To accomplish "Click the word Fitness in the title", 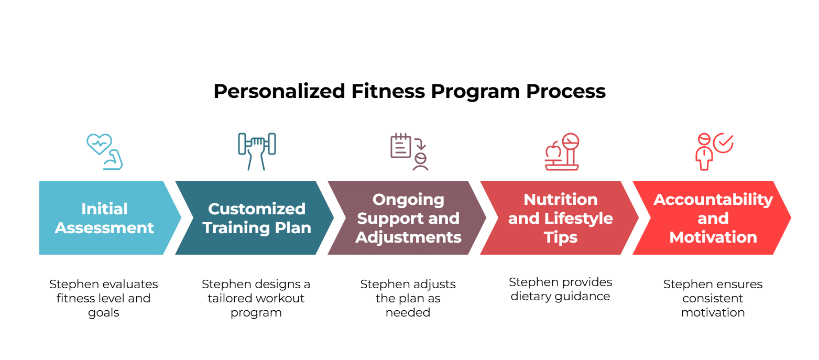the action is pos(388,91).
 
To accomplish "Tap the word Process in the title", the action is pos(565,91).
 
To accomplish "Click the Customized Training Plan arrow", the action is pos(255,217).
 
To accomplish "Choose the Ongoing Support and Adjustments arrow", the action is pos(407,217).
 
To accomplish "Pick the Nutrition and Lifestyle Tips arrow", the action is pos(560,217).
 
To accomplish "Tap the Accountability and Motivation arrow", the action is pos(712,217).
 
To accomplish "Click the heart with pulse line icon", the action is pos(99,144).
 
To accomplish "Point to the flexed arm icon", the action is pos(113,160).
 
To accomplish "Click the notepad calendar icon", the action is pos(401,146).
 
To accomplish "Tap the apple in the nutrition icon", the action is pos(553,151).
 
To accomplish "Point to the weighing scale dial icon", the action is pos(571,141).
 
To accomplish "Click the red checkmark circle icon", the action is pos(724,143).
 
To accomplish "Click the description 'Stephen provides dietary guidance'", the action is pos(560,289).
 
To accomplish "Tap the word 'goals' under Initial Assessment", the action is pos(103,313).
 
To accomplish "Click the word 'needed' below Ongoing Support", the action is pos(408,312).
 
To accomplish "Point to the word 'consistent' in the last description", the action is pos(713,298).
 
